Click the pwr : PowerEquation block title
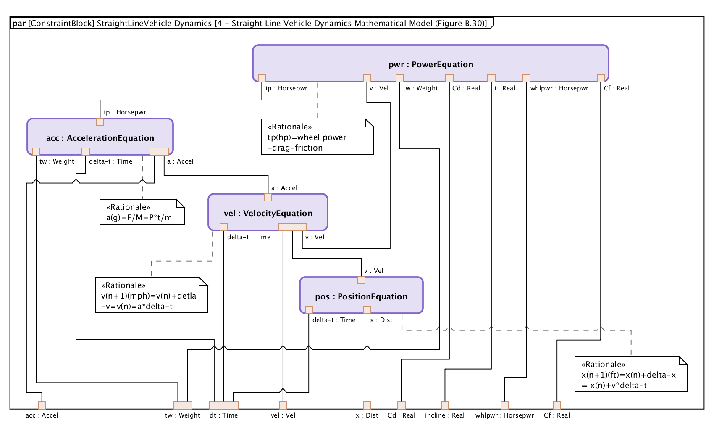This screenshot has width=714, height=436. [430, 64]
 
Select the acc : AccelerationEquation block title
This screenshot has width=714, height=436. [100, 138]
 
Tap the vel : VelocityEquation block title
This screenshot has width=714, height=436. [268, 213]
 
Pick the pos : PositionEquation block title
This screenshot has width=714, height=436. [361, 296]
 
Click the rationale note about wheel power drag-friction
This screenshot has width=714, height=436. [317, 137]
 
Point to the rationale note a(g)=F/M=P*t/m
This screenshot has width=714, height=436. [142, 212]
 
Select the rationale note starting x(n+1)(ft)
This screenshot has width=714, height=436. [630, 375]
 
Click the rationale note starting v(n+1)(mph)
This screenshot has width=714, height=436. [151, 296]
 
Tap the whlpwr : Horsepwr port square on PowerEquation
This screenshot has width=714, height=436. [526, 78]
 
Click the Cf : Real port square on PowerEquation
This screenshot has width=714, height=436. [601, 78]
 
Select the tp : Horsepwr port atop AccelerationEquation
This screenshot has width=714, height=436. [100, 122]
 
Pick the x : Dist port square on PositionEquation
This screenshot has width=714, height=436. [367, 310]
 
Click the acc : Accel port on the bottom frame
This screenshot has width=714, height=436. [42, 405]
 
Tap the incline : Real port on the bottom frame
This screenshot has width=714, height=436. [445, 405]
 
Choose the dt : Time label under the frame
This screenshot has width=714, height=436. [223, 415]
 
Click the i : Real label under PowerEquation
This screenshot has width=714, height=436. [504, 88]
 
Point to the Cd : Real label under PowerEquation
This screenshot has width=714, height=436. [466, 88]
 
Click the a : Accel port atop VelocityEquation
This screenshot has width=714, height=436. [268, 197]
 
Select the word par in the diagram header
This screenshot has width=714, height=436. [19, 23]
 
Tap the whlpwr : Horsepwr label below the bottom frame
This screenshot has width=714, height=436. [504, 415]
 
